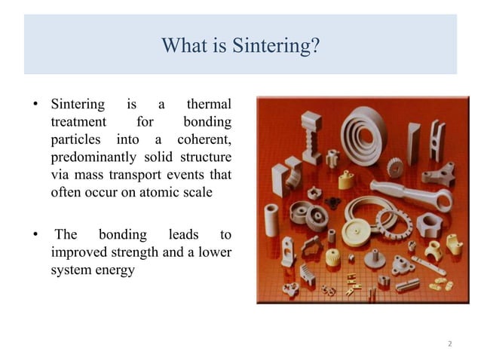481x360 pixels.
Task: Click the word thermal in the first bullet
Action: pos(209,104)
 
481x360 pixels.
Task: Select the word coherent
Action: pos(204,139)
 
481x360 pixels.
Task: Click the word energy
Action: pos(114,270)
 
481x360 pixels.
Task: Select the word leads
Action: pos(184,235)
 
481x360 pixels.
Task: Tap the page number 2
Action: pos(449,343)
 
